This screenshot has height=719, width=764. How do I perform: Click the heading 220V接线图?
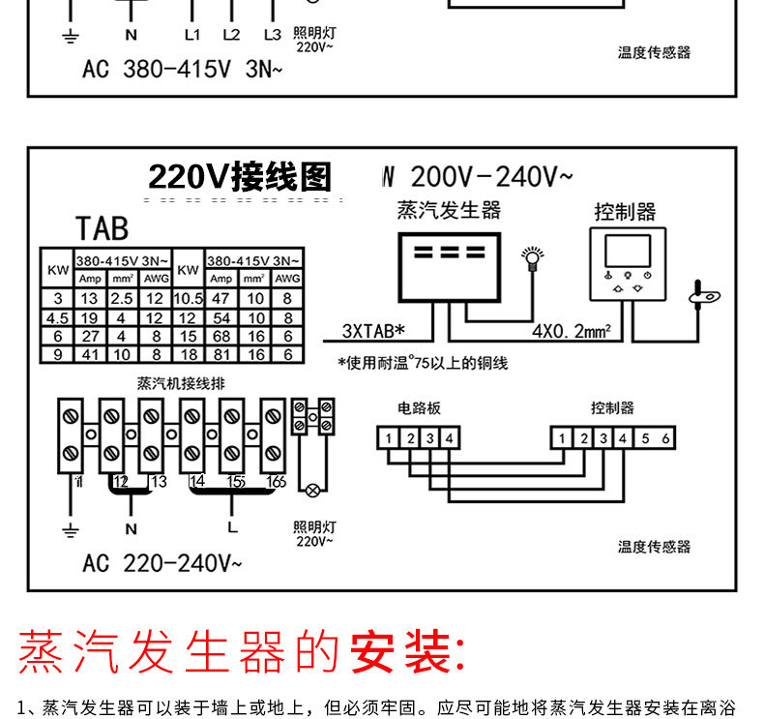[239, 177]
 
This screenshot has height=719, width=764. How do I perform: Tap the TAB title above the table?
[102, 228]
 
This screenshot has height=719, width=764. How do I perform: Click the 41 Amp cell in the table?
[90, 354]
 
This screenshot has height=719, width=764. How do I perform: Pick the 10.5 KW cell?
[188, 299]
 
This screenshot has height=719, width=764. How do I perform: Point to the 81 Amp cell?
[220, 354]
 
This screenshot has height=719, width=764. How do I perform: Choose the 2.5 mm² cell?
[122, 299]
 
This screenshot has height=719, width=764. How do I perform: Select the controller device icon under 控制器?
[628, 262]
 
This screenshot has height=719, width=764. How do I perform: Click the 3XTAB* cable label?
[373, 331]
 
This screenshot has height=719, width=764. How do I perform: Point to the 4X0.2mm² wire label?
[571, 331]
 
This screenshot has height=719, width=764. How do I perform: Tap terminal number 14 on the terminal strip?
[196, 481]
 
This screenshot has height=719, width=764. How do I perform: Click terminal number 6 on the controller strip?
[664, 438]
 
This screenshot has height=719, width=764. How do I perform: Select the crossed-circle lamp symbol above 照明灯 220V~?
[312, 491]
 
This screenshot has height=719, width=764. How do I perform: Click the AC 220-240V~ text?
[162, 562]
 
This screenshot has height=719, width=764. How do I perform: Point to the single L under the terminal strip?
[232, 528]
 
